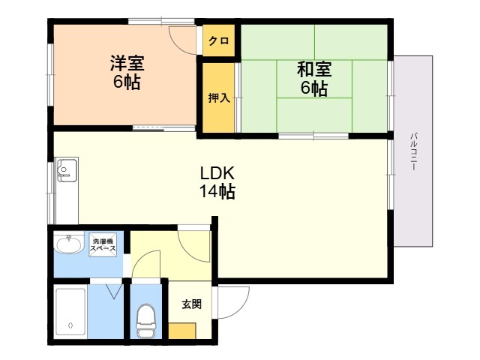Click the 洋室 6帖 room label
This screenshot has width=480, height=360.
(x=127, y=72)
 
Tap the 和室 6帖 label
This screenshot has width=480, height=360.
(x=314, y=78)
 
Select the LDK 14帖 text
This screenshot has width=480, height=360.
(x=217, y=182)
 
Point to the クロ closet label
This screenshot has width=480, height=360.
(x=218, y=40)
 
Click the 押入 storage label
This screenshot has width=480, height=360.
(x=218, y=98)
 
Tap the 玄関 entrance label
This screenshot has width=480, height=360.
(x=192, y=304)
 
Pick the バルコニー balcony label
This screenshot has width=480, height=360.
(x=413, y=151)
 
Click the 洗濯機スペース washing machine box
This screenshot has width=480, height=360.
(x=103, y=244)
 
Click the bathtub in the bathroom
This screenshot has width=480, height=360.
(x=70, y=312)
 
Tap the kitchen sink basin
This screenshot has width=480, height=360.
(x=67, y=170)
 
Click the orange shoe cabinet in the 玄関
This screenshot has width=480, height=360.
(x=181, y=331)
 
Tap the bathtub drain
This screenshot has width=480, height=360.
(x=70, y=325)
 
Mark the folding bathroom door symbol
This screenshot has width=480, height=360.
(x=115, y=292)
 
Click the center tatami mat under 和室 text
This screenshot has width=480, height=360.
(x=314, y=79)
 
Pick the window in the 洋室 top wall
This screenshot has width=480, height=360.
(x=161, y=22)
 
